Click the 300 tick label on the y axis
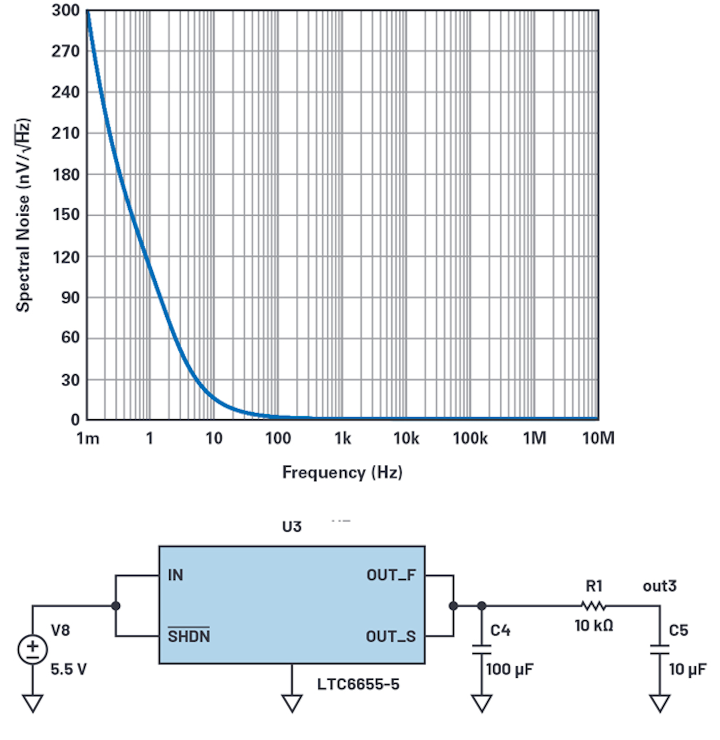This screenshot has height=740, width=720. point(65,11)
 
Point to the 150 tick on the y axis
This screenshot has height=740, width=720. point(65,215)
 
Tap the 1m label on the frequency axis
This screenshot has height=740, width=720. point(87,438)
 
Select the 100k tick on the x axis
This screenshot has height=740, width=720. point(470,438)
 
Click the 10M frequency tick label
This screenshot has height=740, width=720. point(598,438)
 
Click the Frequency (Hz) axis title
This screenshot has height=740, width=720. point(342,472)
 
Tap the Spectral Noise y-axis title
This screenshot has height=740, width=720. point(23,215)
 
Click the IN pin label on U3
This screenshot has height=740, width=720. point(175,575)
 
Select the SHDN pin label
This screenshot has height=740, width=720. point(188,636)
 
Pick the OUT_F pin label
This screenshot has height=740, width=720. point(391,575)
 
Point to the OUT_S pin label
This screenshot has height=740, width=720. point(390,636)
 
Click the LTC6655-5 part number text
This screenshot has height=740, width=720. point(358,684)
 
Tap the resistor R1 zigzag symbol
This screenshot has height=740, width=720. point(593,606)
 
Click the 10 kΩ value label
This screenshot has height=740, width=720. point(593,625)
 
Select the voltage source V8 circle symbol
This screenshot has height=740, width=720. point(32,649)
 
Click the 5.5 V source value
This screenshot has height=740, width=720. point(68,669)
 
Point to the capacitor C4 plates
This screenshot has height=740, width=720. point(481,649)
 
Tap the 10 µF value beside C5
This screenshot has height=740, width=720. point(687,669)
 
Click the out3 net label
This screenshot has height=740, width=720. point(659,586)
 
